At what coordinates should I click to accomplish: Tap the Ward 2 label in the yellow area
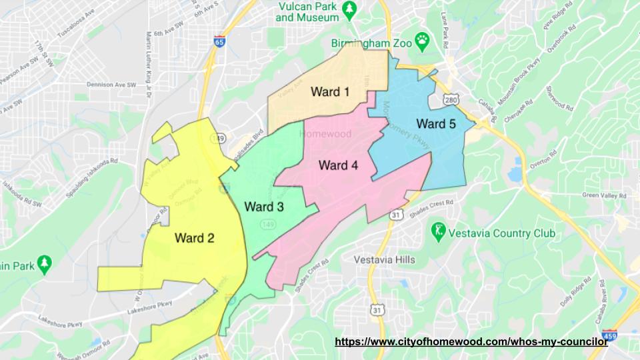194,237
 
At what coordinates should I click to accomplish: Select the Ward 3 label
264,207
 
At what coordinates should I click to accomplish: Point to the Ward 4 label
338,165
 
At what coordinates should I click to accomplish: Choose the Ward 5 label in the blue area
437,123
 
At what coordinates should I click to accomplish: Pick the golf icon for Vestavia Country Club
438,233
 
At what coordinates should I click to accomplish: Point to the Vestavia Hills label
384,259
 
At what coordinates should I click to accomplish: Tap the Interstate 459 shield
609,336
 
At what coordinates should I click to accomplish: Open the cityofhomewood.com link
471,341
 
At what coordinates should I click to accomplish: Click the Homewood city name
327,134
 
